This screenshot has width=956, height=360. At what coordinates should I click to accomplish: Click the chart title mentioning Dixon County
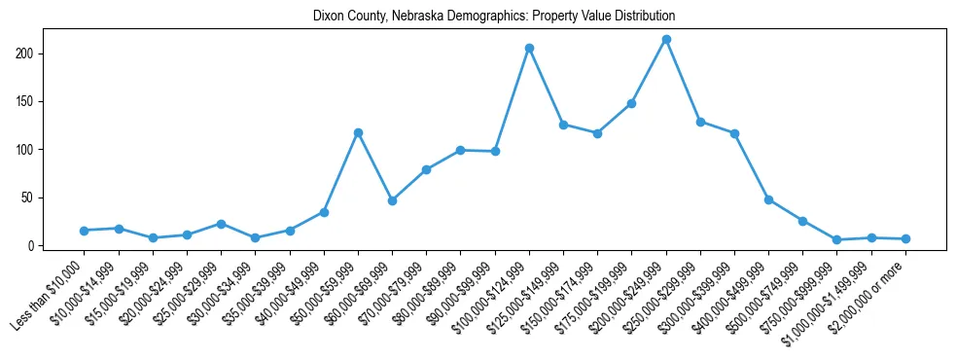[x=493, y=17]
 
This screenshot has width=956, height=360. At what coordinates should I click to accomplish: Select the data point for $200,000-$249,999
[x=666, y=40]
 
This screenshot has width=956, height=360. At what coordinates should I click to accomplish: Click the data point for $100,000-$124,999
[x=529, y=48]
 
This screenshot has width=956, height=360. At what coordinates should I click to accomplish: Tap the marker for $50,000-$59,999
[x=358, y=132]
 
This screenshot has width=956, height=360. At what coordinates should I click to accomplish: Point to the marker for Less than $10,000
[x=85, y=231]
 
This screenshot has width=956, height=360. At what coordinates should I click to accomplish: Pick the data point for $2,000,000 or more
[x=905, y=238]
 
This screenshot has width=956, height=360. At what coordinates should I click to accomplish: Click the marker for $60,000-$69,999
[x=392, y=200]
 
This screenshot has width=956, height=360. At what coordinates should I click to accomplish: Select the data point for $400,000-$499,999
[x=768, y=199]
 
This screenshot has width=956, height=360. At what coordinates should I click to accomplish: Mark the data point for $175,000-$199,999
[x=631, y=103]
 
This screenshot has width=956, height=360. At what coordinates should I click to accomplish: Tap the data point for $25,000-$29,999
[x=221, y=224]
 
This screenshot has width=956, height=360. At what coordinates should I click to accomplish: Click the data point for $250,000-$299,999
[x=700, y=122]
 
